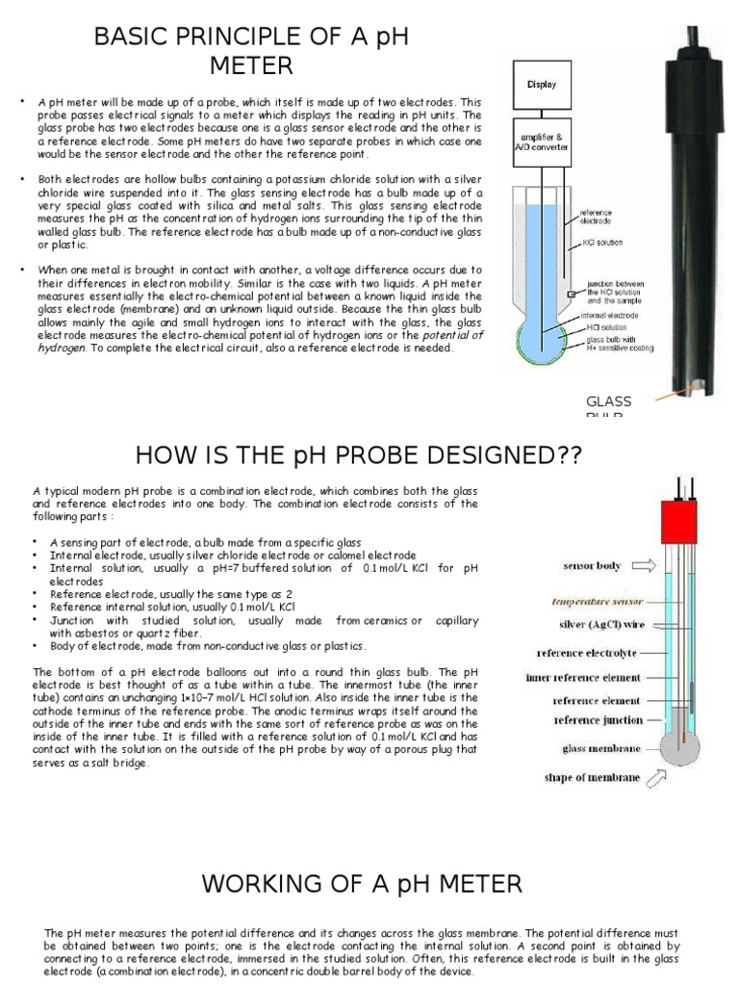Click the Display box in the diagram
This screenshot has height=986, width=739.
[x=541, y=85]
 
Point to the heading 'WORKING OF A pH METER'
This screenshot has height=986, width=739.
[x=361, y=883]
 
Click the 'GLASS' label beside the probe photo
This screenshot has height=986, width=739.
[x=608, y=401]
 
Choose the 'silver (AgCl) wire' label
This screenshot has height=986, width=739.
[x=599, y=625]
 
